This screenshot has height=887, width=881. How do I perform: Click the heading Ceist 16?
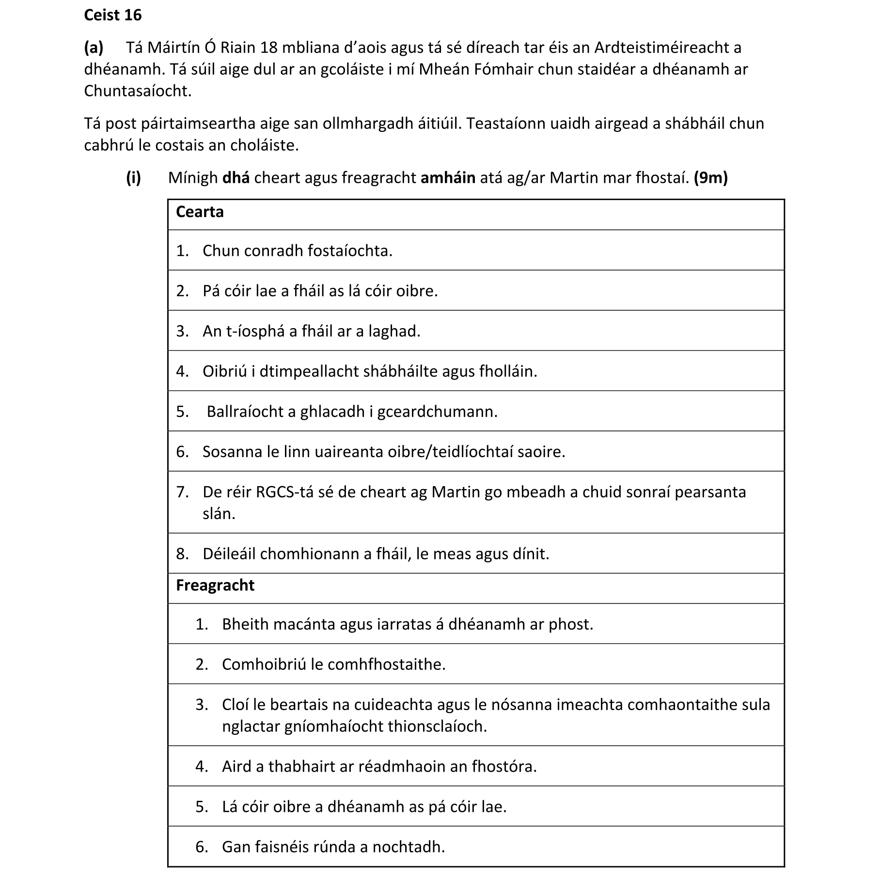112,15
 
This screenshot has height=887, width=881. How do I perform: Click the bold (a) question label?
94,48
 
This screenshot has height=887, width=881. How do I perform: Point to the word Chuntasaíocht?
138,91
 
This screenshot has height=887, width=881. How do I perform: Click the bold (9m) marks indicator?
710,178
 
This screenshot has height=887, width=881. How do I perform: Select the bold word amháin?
448,178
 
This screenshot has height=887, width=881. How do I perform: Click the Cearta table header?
200,212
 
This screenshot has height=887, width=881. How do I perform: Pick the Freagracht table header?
215,585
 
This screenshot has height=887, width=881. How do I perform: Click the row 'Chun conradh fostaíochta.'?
297,251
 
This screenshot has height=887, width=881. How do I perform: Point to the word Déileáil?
229,554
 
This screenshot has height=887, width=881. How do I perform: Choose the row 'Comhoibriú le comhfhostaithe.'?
333,664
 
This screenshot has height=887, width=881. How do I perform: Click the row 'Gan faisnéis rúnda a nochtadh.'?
333,847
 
